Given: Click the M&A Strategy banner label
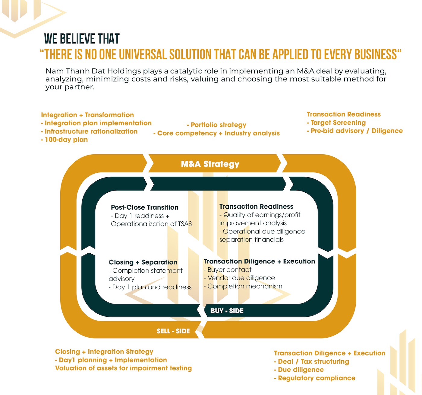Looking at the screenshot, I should point(210,164).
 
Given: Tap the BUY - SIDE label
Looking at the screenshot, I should point(227,311).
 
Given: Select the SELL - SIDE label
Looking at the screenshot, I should point(173,331).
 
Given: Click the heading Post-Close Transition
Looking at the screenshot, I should point(145,207).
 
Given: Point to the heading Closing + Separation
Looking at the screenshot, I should point(143,262).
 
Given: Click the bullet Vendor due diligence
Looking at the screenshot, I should point(240,278).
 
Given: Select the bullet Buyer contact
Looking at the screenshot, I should point(228,270).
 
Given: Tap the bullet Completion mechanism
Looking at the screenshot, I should point(244,286).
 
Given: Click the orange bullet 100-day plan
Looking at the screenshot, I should point(65,140).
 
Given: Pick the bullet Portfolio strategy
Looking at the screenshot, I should point(217,125).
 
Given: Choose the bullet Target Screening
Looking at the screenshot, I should point(336,123).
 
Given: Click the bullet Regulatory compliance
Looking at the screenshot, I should point(315,378).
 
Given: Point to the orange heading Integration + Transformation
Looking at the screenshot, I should point(87,115).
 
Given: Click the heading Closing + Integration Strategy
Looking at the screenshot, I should point(104,352).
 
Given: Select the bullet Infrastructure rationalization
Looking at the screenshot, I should point(90,131).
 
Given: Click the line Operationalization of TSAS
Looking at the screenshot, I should point(151,224).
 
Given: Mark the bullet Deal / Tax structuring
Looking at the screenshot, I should point(312,361).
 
